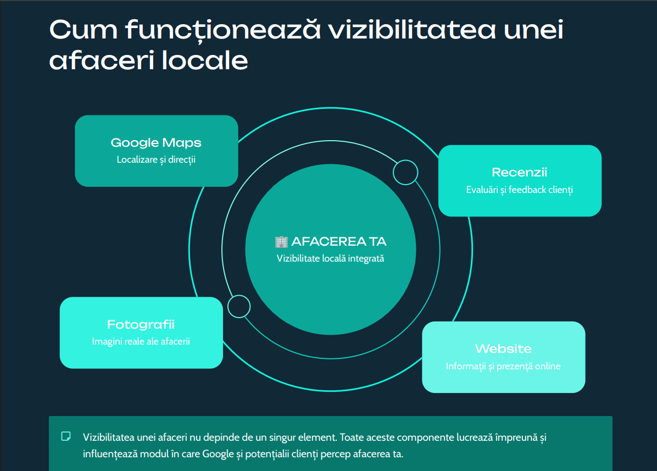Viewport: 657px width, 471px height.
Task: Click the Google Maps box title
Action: (156, 143)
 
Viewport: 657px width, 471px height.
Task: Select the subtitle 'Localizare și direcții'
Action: (156, 159)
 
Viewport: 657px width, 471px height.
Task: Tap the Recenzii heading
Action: (520, 172)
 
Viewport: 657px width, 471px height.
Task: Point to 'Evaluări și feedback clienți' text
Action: (520, 190)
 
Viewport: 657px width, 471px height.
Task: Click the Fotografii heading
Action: (141, 324)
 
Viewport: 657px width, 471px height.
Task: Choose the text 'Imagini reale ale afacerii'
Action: (141, 341)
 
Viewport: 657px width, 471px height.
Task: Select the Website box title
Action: (503, 348)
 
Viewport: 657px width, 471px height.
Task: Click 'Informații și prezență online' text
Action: (503, 366)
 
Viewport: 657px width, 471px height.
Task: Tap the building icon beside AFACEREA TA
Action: (281, 242)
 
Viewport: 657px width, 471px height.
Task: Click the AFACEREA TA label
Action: (339, 242)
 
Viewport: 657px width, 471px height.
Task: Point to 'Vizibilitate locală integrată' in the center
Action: (330, 258)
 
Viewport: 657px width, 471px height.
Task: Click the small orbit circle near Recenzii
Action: (405, 172)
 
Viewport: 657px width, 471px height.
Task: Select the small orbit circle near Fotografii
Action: (239, 306)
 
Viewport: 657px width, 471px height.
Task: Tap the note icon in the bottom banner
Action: (66, 436)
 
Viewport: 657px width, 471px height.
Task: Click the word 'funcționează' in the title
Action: (223, 31)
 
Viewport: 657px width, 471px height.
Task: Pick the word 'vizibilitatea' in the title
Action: (412, 30)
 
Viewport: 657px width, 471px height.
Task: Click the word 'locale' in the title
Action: (205, 60)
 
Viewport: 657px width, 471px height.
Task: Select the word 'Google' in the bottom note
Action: (218, 454)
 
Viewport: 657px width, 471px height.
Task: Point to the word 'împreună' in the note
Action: (516, 437)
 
